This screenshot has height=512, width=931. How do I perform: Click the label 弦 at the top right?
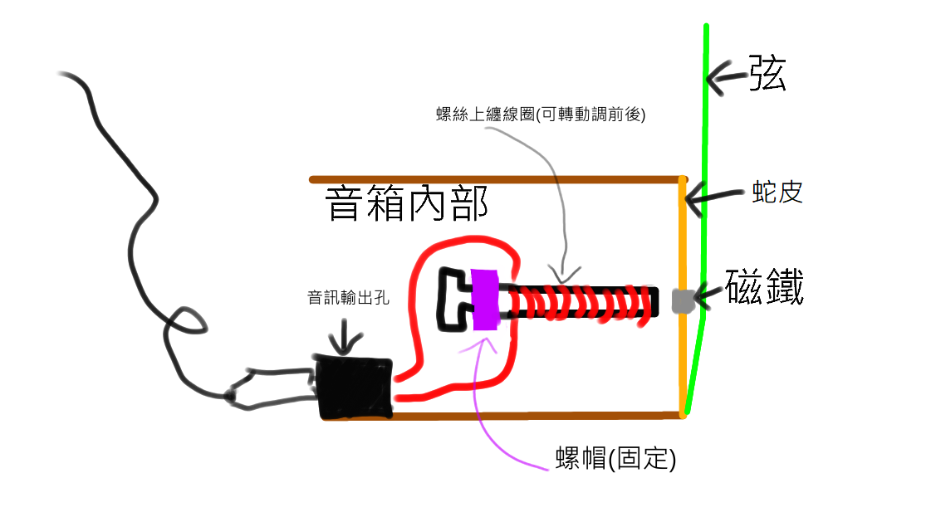767,74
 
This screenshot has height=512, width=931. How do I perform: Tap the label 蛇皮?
773,193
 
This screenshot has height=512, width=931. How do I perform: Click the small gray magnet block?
682,300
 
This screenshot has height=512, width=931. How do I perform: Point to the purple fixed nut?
483,300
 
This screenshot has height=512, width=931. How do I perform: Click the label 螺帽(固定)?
615,457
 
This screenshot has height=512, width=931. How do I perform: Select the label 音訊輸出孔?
348,297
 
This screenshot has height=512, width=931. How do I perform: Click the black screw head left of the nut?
453,298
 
